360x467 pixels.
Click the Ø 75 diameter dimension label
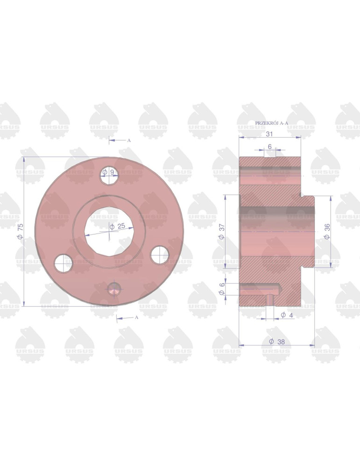(20, 231)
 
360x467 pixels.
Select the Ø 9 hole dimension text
(108, 172)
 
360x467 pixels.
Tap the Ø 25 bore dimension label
(118, 226)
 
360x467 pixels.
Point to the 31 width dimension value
(269, 134)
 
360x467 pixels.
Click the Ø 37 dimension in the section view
(221, 232)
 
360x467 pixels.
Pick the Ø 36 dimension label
(327, 232)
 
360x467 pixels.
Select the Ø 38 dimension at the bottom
(277, 342)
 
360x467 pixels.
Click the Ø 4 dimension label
(287, 315)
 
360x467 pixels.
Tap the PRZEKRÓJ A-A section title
(272, 123)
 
